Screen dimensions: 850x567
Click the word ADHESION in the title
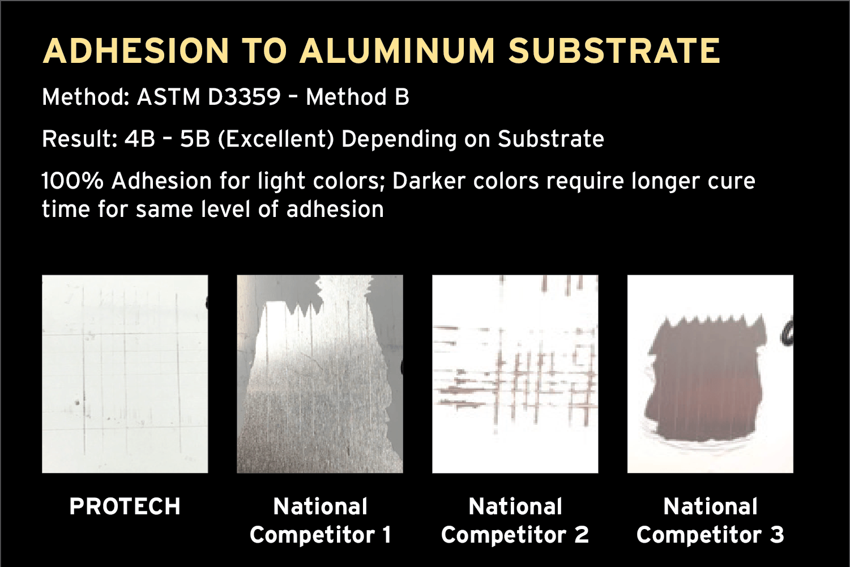coord(136,51)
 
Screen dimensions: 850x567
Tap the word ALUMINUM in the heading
coord(397,51)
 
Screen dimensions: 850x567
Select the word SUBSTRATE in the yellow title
coord(614,51)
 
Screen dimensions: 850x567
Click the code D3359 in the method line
coord(244,97)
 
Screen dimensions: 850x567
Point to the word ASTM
coord(169,97)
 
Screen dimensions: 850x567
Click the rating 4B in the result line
coord(140,139)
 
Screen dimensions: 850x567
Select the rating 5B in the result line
coord(195,139)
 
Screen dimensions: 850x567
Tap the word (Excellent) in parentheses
coord(276,139)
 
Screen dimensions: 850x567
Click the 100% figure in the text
coord(72,181)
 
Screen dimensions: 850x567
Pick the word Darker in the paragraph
coord(429,181)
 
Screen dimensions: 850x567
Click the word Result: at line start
coord(80,139)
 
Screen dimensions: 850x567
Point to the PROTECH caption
coord(125,506)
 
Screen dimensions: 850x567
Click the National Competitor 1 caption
coord(321,521)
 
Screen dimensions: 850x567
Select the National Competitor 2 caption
coord(515,521)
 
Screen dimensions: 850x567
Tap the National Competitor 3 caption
coord(710,521)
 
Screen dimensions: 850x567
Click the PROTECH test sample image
coord(125,374)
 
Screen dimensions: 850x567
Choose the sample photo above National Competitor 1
coord(320,374)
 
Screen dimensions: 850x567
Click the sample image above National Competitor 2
coord(515,374)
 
